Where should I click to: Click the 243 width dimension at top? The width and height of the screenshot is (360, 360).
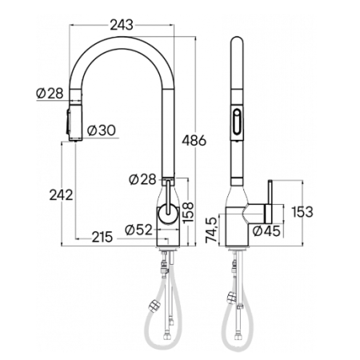pos(122,25)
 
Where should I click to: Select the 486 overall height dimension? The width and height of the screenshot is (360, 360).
pos(194,141)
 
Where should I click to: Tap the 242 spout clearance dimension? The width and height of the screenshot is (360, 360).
pos(61,195)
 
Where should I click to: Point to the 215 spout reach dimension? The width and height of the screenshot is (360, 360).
pos(102,237)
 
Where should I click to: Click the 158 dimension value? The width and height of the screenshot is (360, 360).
pos(188,213)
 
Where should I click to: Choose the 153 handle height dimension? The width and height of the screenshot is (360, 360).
pos(302,212)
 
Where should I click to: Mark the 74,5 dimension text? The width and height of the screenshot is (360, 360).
pos(211,230)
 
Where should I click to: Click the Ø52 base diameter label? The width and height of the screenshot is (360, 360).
pos(138,230)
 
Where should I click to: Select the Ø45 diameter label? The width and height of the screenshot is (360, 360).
pos(266,231)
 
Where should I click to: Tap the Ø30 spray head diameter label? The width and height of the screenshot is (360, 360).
pos(102,130)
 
